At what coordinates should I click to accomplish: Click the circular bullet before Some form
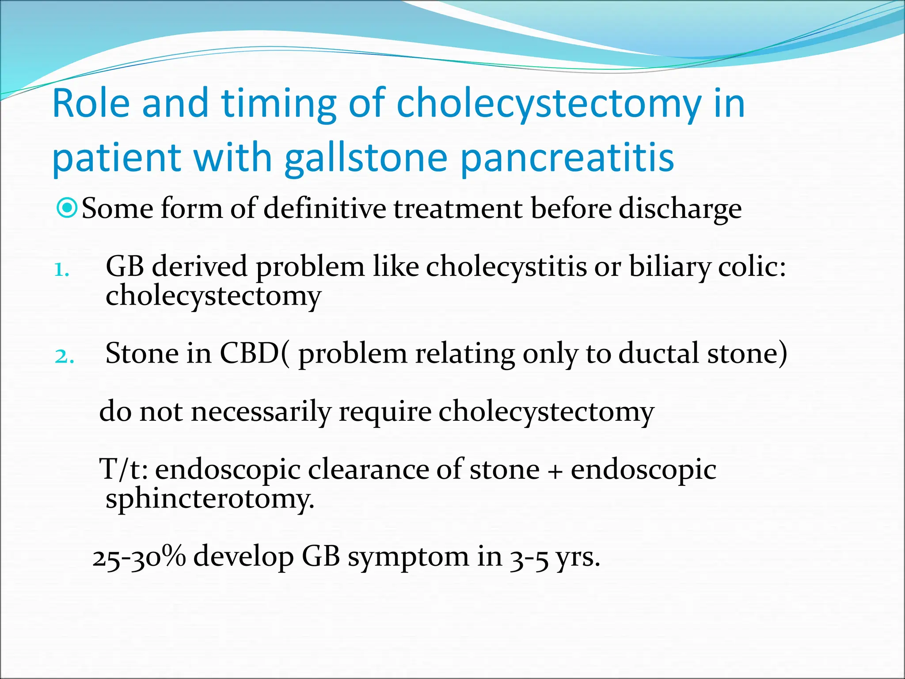point(68,208)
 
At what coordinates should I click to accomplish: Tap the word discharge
point(680,210)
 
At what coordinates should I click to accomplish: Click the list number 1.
point(61,270)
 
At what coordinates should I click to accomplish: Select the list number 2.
point(64,356)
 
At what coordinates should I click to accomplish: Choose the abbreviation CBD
point(249,354)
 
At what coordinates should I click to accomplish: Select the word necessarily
point(261,412)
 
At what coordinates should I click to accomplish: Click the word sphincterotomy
point(210,500)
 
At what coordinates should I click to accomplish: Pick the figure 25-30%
point(139,557)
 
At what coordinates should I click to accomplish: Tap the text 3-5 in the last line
point(529,558)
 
